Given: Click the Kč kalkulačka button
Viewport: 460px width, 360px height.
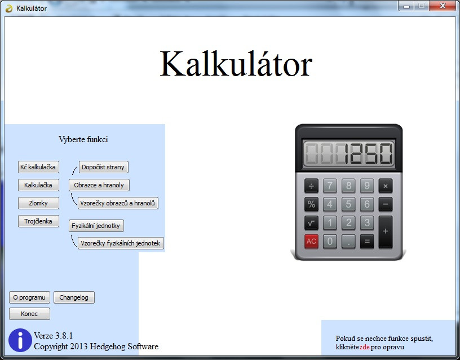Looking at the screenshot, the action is coord(38,167).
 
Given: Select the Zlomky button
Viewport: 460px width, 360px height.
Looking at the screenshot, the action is coord(38,203).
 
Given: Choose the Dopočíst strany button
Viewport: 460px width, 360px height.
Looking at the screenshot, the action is coord(103,167).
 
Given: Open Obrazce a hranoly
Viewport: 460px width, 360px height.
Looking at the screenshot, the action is coord(99,185).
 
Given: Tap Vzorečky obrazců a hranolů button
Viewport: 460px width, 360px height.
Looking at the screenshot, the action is coord(118,203).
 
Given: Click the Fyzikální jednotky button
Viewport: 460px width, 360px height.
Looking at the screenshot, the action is coord(96,226).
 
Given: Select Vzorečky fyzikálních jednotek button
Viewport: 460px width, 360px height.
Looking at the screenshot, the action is coord(121,243).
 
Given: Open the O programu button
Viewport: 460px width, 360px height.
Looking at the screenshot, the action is coord(29,297).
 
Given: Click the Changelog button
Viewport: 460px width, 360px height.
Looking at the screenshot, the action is coord(74,297).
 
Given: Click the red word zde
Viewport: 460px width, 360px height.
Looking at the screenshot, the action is coord(364,347).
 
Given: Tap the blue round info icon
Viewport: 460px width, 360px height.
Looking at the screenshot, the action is coord(20,340).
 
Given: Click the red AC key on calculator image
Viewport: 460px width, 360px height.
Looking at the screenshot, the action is coord(311,242).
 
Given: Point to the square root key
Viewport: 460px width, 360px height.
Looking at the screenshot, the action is coord(311,223).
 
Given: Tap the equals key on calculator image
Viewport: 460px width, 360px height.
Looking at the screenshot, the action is coord(367,242).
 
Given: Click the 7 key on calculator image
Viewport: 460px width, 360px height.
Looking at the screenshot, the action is coord(330,186).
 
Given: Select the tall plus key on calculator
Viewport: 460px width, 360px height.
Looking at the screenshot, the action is coord(386,232).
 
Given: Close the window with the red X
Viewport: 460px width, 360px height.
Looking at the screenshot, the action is coord(443,6).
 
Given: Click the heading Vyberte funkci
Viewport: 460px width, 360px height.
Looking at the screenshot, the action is coord(83,139).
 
